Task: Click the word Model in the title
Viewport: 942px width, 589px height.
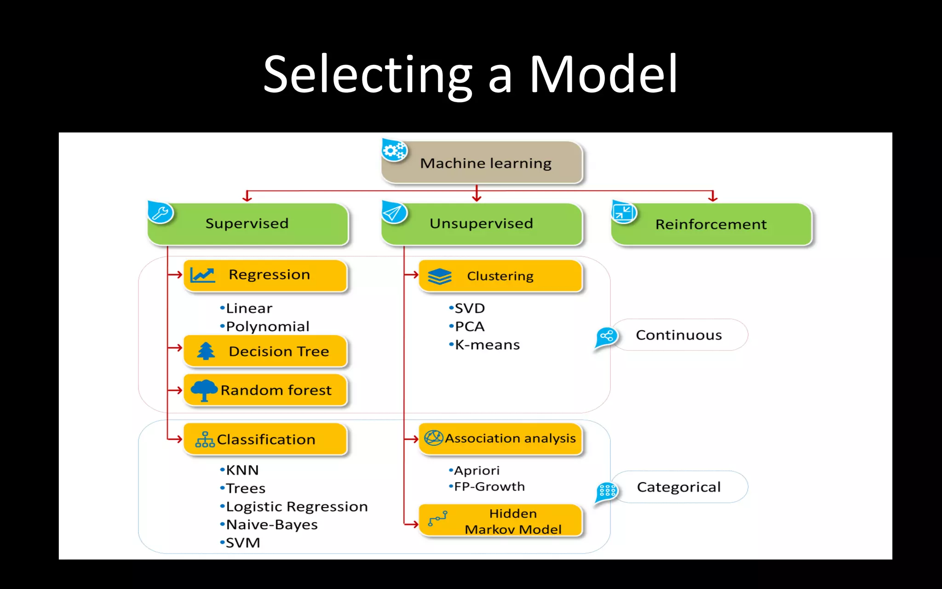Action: (603, 75)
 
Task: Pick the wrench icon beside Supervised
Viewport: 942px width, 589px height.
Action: (160, 213)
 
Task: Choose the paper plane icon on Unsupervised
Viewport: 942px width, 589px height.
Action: (394, 213)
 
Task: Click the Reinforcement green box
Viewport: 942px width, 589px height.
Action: (711, 224)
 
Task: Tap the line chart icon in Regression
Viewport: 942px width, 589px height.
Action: (202, 275)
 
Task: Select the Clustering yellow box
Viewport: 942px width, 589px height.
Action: (500, 276)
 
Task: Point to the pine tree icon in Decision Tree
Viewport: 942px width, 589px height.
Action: (206, 351)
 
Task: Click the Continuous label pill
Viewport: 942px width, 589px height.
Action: (679, 335)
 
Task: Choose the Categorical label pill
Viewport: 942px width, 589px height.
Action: (679, 487)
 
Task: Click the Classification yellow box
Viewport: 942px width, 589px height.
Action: (265, 439)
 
